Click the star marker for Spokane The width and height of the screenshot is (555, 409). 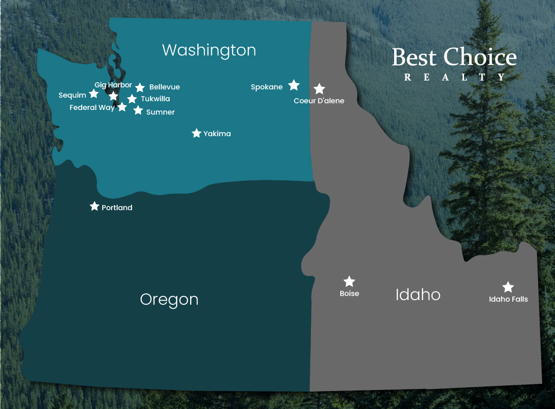pos(293,85)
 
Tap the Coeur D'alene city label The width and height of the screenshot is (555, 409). pos(319,101)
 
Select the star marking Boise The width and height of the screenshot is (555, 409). pos(349,281)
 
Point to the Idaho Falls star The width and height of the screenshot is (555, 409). pos(508,287)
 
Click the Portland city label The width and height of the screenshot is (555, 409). pos(117,208)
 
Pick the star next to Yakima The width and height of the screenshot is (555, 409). pos(196,133)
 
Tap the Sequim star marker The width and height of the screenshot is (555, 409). pos(94,94)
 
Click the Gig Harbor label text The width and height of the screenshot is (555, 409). pos(113,85)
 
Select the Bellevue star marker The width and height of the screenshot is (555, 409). pos(140,87)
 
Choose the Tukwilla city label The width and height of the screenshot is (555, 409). pos(155,99)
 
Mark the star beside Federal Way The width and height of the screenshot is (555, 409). pos(122,107)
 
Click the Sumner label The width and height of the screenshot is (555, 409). pos(160,112)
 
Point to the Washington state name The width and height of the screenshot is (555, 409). pos(209,50)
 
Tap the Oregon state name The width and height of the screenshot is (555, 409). pos(169,299)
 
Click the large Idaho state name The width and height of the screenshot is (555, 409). pos(418,294)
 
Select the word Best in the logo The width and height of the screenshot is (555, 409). pos(414,57)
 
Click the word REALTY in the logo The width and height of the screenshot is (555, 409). pos(454,78)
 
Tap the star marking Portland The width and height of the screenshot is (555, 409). pos(94,206)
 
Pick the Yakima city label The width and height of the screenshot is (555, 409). pos(217,134)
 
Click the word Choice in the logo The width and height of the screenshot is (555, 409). pos(480,57)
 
